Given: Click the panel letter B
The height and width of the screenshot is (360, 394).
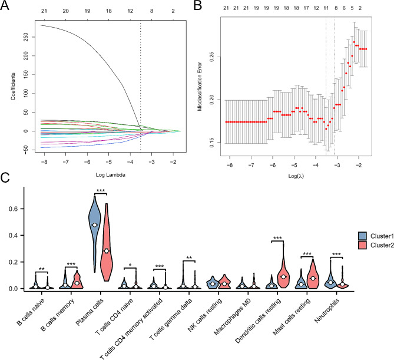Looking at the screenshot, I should [205, 6].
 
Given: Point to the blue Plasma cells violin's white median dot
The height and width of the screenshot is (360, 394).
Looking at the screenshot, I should [94, 225].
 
